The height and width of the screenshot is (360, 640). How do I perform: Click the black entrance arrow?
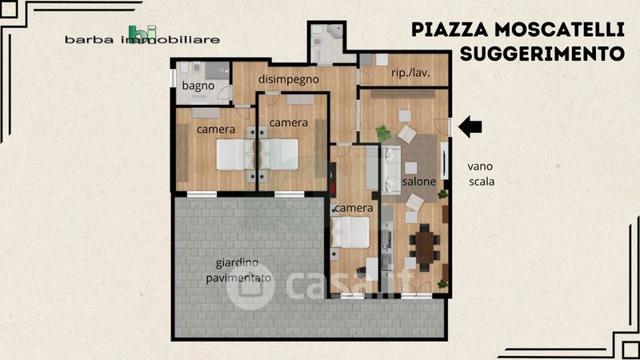tap(470, 126)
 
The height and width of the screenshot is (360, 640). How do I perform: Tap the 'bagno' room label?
tap(198, 86)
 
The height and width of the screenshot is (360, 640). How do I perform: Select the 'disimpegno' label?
tap(289, 79)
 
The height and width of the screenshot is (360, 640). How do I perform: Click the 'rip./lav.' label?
tap(410, 73)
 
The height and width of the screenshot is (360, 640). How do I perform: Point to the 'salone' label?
tap(418, 182)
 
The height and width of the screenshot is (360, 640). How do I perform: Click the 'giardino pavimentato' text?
tap(238, 270)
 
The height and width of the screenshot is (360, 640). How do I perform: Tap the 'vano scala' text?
tap(481, 174)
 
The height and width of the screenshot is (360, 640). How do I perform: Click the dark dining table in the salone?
tap(425, 247)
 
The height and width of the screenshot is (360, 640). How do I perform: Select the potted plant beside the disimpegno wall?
tap(383, 133)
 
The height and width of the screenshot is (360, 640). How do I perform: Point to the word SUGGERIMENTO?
tap(542, 54)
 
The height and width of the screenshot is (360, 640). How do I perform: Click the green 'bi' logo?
tap(142, 33)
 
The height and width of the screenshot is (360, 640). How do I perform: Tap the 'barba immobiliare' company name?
tap(142, 39)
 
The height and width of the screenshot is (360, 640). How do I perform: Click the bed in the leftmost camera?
tap(235, 154)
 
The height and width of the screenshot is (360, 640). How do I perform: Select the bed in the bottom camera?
tap(350, 232)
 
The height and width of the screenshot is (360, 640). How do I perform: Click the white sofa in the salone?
tap(391, 170)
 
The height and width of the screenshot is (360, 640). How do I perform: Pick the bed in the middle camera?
tap(278, 154)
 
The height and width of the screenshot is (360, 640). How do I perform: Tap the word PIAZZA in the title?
tap(450, 30)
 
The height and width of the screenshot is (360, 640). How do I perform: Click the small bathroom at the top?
tap(327, 43)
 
